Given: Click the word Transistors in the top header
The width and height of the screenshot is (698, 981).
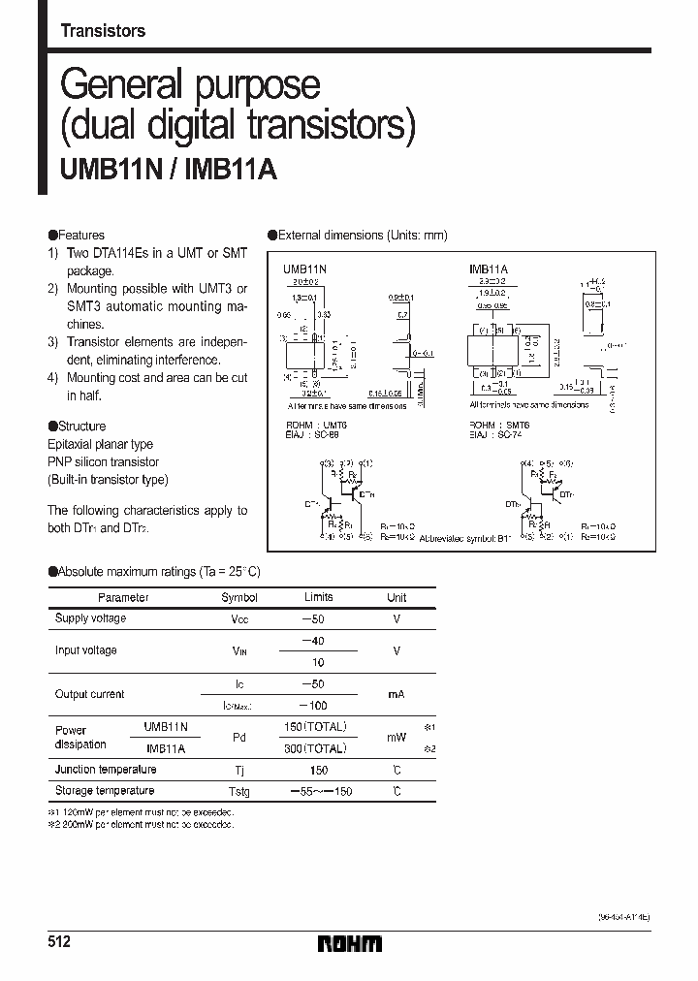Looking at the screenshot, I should pyautogui.click(x=103, y=31).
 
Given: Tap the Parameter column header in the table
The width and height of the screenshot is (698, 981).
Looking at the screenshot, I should pyautogui.click(x=123, y=598).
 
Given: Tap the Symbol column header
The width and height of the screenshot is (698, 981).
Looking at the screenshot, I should pyautogui.click(x=239, y=598).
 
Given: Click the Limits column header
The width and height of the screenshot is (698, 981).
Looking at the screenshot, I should pyautogui.click(x=318, y=598).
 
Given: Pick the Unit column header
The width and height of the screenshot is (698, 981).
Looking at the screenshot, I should pyautogui.click(x=397, y=598).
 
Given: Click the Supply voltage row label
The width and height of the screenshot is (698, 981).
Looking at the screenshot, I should pyautogui.click(x=90, y=618).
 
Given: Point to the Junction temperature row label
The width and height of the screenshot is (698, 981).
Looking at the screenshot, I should pyautogui.click(x=106, y=770).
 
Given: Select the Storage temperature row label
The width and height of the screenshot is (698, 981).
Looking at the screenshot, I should pyautogui.click(x=104, y=791).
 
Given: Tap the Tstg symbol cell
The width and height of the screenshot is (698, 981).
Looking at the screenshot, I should pyautogui.click(x=239, y=792).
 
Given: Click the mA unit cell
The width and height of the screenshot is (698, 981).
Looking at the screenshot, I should pyautogui.click(x=397, y=695).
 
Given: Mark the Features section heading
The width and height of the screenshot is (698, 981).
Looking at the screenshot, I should pyautogui.click(x=77, y=236).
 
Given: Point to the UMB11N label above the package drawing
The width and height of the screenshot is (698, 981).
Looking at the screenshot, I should pyautogui.click(x=303, y=267).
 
